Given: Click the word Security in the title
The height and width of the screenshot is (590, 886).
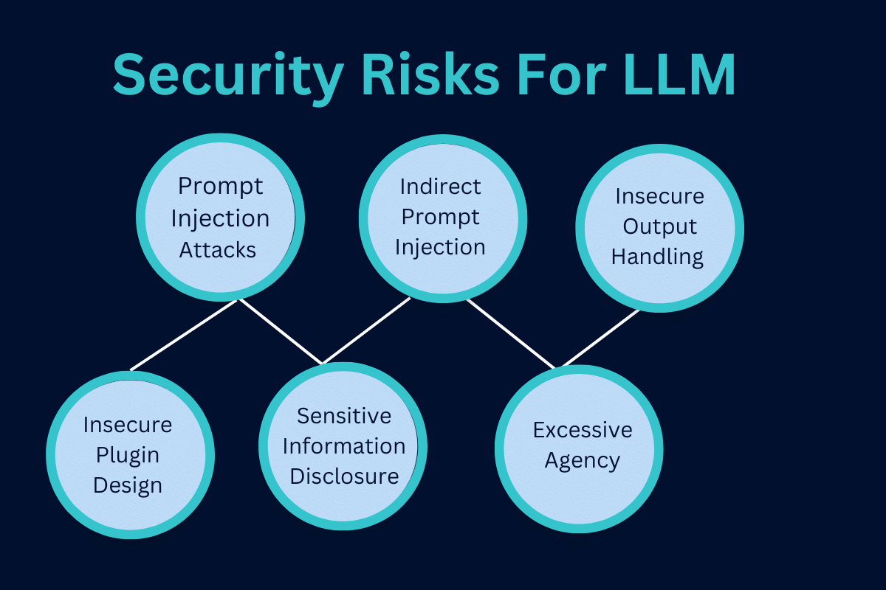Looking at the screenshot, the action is [229, 76].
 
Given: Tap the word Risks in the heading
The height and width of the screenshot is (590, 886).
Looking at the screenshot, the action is [430, 74].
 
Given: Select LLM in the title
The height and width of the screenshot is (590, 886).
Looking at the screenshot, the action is [679, 74].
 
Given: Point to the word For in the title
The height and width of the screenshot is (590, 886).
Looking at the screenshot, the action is [562, 74].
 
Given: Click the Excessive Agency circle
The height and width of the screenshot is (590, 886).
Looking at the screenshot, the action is [579, 449].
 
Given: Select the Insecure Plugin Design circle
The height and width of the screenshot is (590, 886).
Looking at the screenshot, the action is [131, 455].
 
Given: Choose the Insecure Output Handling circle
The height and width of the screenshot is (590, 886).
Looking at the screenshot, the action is [660, 229].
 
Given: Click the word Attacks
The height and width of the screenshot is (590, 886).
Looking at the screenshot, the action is [218, 250].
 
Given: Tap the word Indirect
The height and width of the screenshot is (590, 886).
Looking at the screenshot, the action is [440, 187].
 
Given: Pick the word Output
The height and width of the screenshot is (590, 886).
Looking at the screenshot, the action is [660, 227].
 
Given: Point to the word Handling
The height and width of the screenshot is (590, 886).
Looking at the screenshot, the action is [657, 257].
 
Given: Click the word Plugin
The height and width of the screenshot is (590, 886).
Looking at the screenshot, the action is [127, 455].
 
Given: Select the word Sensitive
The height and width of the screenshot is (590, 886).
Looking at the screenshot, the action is [344, 416].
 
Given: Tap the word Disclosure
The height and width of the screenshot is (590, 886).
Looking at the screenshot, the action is [344, 476].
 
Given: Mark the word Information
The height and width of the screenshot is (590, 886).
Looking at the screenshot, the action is [344, 446].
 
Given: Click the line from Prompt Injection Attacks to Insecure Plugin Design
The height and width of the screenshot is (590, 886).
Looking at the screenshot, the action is [184, 336].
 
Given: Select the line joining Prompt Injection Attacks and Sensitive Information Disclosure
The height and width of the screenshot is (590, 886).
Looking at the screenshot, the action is [281, 332].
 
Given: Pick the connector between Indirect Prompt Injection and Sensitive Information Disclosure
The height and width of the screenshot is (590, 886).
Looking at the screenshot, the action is [366, 330].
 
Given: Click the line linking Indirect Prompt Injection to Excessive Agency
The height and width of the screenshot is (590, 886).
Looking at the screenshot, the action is [511, 334].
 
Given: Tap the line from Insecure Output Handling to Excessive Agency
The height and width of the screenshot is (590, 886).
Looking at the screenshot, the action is [601, 338].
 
